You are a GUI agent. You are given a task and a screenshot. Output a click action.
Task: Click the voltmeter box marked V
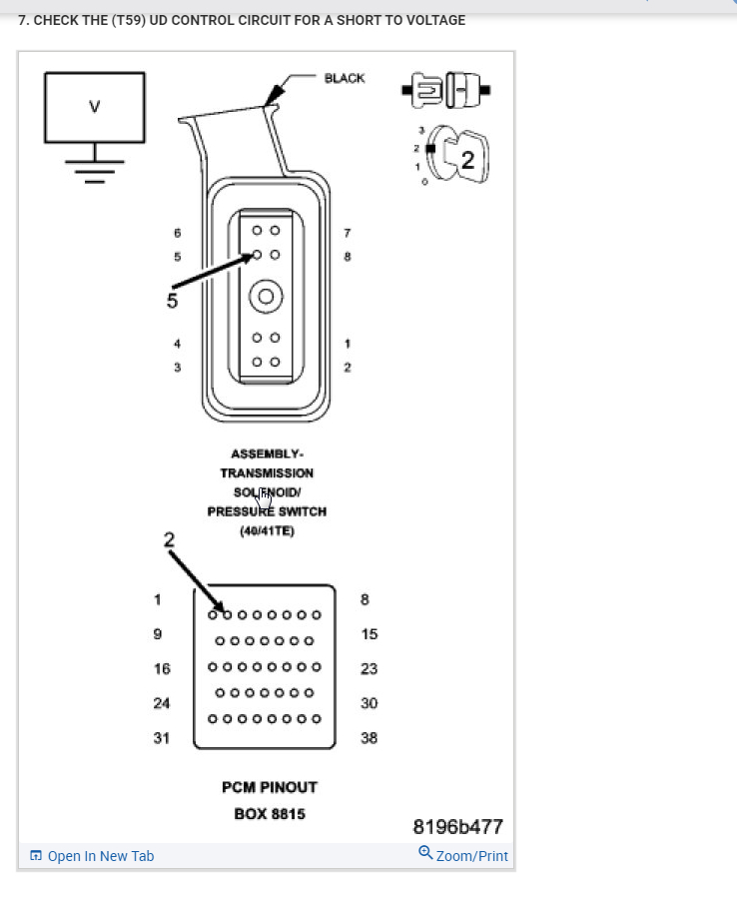click(94, 106)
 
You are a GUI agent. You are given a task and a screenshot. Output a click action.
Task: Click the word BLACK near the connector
click(345, 78)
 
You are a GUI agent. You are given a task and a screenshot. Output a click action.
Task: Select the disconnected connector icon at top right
click(445, 89)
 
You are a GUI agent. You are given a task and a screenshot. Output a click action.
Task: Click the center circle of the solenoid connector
click(266, 296)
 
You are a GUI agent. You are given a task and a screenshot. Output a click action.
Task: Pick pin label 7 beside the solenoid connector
click(348, 233)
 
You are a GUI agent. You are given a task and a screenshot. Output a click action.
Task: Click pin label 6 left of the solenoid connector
click(178, 233)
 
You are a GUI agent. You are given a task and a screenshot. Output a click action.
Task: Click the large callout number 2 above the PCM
click(169, 539)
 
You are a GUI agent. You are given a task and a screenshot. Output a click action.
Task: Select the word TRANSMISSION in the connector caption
click(267, 472)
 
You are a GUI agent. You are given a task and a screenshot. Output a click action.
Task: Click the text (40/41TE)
click(267, 530)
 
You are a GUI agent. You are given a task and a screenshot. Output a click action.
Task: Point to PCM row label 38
click(368, 738)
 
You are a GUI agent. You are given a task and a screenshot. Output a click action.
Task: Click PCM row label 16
click(162, 669)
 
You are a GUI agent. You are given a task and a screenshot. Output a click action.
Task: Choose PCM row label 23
click(368, 669)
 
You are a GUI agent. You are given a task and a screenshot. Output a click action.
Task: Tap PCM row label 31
click(162, 738)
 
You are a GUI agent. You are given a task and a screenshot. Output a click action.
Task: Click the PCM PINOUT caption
click(270, 787)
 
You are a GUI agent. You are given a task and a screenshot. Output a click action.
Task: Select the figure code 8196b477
click(458, 826)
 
